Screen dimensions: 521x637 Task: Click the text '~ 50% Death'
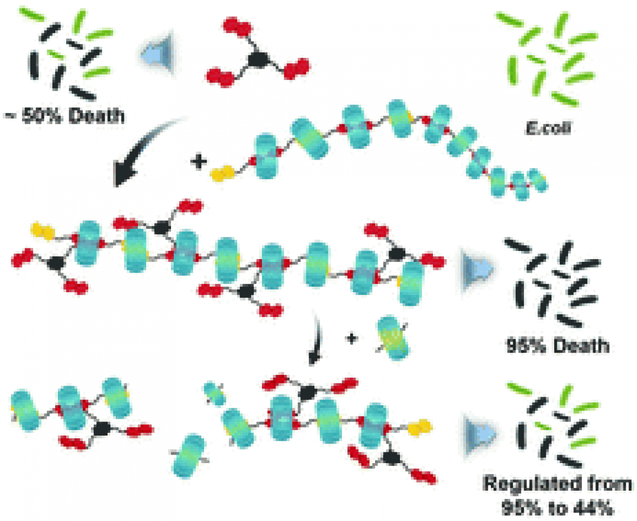click(x=64, y=115)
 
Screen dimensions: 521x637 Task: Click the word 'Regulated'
click(x=547, y=484)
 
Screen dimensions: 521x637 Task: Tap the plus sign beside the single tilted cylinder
click(x=352, y=339)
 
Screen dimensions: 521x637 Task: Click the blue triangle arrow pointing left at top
click(x=154, y=52)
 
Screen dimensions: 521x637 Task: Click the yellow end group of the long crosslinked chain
click(x=43, y=230)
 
